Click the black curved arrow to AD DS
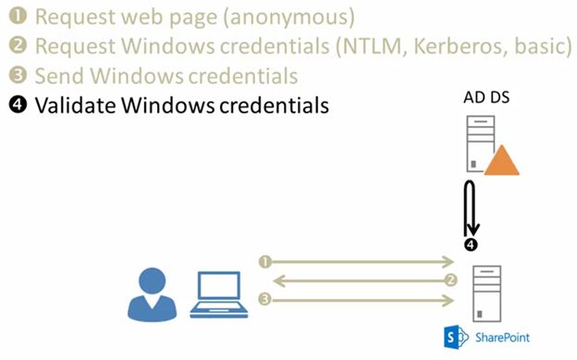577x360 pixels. click(x=470, y=209)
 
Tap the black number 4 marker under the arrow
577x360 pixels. click(x=471, y=245)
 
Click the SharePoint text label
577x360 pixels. click(x=504, y=337)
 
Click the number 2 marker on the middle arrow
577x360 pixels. click(x=450, y=280)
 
